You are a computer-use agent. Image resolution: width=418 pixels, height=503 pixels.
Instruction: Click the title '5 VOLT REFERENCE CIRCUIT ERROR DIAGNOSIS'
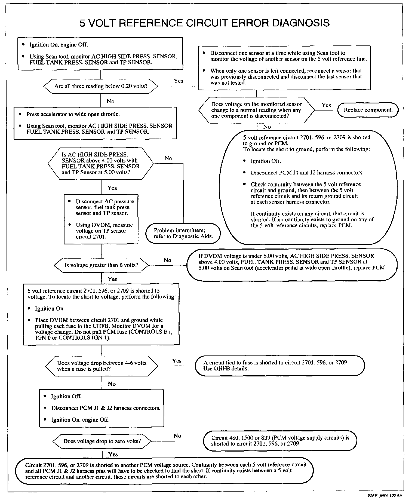click(x=204, y=23)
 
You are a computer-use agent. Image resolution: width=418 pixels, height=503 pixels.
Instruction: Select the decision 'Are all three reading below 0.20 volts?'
click(x=101, y=86)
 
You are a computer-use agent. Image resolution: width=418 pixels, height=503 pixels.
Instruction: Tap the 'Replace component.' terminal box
click(x=368, y=110)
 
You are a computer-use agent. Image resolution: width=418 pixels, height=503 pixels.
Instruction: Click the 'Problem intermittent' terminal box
click(x=183, y=234)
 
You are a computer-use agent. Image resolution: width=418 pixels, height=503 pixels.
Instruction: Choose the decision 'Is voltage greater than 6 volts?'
click(x=101, y=265)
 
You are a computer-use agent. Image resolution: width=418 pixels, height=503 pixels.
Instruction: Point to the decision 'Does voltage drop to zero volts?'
click(x=102, y=441)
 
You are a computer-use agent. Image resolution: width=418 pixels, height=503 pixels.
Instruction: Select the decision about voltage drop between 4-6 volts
click(x=102, y=366)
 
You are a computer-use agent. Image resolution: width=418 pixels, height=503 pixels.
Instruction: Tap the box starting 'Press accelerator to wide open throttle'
click(x=95, y=123)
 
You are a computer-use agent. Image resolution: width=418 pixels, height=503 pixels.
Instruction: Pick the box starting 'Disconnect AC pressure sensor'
click(x=101, y=219)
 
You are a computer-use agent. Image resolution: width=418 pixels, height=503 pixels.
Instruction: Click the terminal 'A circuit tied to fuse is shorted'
click(x=280, y=366)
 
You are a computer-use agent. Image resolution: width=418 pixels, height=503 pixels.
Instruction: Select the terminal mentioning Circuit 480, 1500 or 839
click(x=280, y=441)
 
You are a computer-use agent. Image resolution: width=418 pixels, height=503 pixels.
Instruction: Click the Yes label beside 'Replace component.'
click(x=326, y=105)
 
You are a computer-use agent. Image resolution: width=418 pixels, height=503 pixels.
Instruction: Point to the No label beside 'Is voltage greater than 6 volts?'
click(x=168, y=260)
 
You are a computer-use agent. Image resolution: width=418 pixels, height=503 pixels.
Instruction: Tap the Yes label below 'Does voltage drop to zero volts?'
click(x=113, y=454)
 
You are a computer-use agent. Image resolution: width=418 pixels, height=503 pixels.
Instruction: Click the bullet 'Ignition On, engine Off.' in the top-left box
click(x=59, y=45)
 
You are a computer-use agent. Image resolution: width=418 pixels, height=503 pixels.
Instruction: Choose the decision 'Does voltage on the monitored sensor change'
click(x=256, y=110)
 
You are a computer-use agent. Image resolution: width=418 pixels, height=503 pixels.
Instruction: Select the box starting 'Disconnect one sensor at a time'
click(x=285, y=68)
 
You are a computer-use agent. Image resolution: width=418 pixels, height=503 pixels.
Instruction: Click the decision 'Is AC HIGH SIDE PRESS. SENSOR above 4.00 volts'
click(x=101, y=164)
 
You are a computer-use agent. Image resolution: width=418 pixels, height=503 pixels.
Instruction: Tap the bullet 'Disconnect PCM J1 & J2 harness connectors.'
click(x=106, y=408)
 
